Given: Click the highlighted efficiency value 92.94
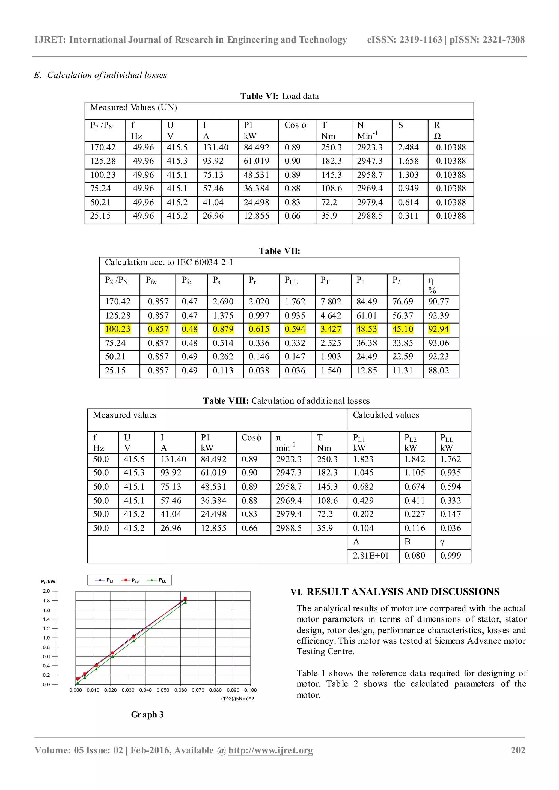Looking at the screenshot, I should (x=438, y=329).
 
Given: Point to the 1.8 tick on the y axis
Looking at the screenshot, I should (x=46, y=601).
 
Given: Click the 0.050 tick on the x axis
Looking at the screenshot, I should (x=163, y=690).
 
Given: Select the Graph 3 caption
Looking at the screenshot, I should (x=147, y=715).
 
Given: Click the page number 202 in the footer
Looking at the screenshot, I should (x=518, y=750).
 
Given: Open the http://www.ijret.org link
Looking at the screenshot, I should (x=270, y=750).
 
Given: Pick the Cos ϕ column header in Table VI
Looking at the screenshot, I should (x=295, y=125).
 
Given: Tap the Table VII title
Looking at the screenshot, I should (x=279, y=251).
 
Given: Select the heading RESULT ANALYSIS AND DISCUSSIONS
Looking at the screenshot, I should (x=403, y=592).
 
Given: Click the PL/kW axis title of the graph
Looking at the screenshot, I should (x=48, y=582).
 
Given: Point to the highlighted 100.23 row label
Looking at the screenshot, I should (x=117, y=329).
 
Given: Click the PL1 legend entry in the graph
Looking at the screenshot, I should (x=105, y=580).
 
